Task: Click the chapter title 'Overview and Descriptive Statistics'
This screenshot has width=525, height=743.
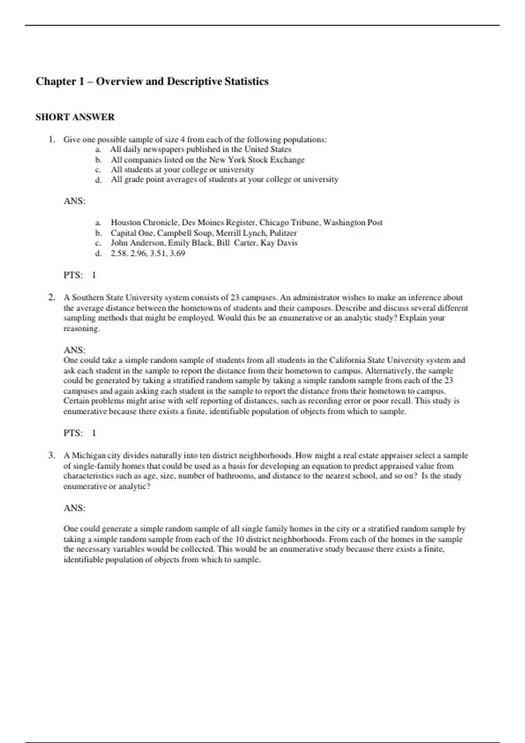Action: [182, 82]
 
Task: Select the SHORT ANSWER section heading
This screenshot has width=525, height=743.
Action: [75, 117]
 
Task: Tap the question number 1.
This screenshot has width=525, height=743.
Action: [52, 139]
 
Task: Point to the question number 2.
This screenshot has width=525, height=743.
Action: [52, 298]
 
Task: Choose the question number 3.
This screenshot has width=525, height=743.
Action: [52, 455]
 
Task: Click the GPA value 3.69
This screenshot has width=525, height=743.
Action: [177, 253]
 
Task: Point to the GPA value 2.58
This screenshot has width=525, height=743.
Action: [119, 253]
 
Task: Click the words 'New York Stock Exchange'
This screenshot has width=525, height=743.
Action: [256, 160]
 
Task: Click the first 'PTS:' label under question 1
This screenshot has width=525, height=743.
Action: [73, 275]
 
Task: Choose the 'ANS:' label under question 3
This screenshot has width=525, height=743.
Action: [74, 508]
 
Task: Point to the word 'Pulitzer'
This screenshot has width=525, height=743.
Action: [283, 233]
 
